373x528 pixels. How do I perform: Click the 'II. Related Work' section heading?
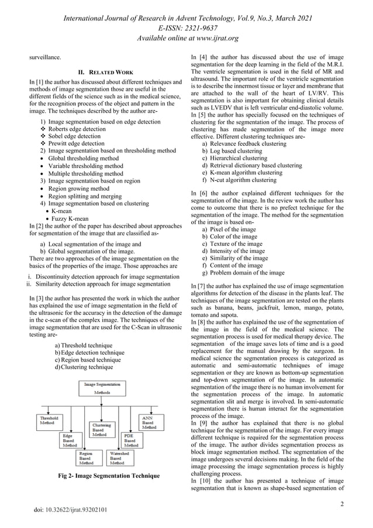pyautogui.click(x=103, y=72)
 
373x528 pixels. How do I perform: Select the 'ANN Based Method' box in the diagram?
pyautogui.click(x=148, y=423)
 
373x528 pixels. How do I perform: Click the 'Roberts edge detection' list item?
pyautogui.click(x=77, y=129)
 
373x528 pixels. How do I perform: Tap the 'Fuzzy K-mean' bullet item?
pyautogui.click(x=70, y=218)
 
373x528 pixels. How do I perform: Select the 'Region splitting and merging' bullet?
pyautogui.click(x=85, y=196)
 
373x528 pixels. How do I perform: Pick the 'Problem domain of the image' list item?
pyautogui.click(x=246, y=272)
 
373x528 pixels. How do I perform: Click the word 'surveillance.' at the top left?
pyautogui.click(x=46, y=58)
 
